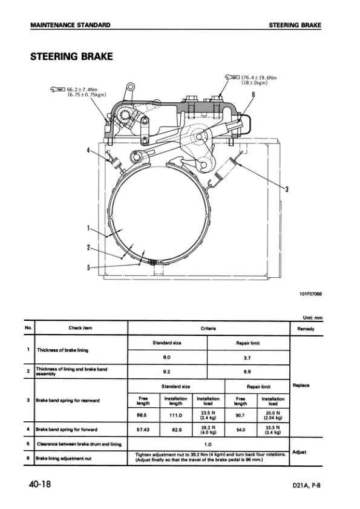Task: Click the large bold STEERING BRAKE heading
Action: [71, 57]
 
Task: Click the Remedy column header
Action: [306, 329]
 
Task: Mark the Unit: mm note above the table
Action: [312, 318]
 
